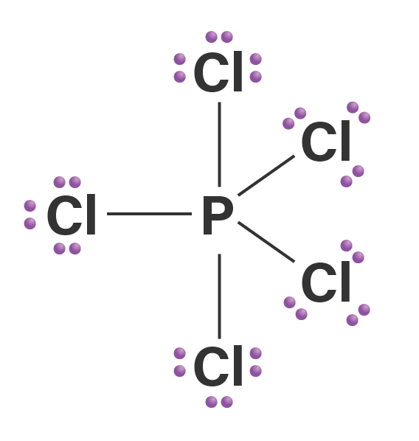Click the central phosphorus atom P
pyautogui.click(x=218, y=215)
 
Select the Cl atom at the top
pyautogui.click(x=218, y=72)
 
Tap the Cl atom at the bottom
pyautogui.click(x=218, y=366)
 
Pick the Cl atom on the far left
pyautogui.click(x=72, y=215)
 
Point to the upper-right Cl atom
pyautogui.click(x=325, y=141)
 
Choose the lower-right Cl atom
pyautogui.click(x=325, y=282)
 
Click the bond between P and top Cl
pyautogui.click(x=220, y=145)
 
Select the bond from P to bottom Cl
pyautogui.click(x=220, y=296)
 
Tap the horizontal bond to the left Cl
pyautogui.click(x=150, y=214)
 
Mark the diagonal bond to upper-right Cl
pyautogui.click(x=266, y=176)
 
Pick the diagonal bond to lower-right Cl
pyautogui.click(x=266, y=242)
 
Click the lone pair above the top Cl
pyautogui.click(x=219, y=37)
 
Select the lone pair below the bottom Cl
pyautogui.click(x=219, y=402)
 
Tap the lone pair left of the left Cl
pyautogui.click(x=30, y=215)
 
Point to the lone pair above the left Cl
pyautogui.click(x=67, y=182)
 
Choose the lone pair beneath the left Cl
pyautogui.click(x=67, y=249)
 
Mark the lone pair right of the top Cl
pyautogui.click(x=256, y=68)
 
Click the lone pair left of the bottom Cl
pyautogui.click(x=180, y=362)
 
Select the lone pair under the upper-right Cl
pyautogui.click(x=353, y=176)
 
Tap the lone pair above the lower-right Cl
pyautogui.click(x=353, y=251)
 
